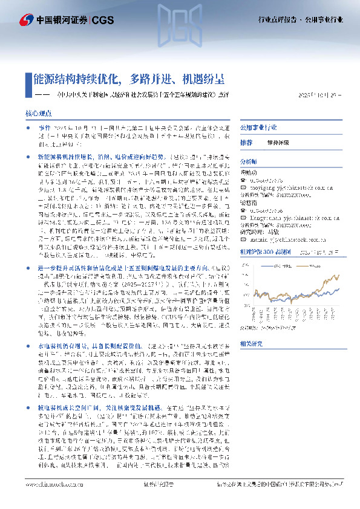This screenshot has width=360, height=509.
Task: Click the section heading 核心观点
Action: [39, 113]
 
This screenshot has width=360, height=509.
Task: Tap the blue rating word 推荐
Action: [246, 143]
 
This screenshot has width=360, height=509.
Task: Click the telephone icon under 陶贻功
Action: [243, 179]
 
